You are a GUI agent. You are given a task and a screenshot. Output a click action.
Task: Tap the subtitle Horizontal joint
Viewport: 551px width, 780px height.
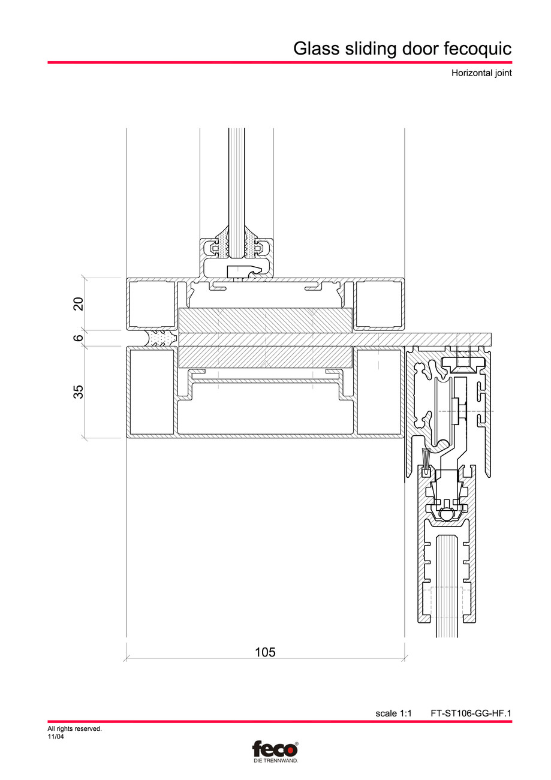coord(481,74)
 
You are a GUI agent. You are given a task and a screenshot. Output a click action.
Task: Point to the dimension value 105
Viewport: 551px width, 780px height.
coord(265,652)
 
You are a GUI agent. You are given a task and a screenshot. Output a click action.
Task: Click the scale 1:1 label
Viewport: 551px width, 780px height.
coord(393,713)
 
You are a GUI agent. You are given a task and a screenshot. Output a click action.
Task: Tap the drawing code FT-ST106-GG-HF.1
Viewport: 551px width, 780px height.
coord(471,713)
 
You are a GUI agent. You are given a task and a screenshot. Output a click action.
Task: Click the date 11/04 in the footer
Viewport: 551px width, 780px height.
coord(56,737)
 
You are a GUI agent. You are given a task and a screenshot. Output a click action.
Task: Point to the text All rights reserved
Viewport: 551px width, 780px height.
coord(74,729)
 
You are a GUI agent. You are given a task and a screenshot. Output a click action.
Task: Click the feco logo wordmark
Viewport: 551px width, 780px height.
coord(274,749)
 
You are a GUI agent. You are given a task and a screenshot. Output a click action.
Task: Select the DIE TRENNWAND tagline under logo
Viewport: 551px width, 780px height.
coord(275,760)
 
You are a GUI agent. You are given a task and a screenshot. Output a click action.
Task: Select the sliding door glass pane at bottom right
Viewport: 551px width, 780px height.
coord(447,588)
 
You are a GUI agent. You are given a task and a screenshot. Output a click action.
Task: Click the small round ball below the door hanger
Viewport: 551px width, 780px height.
coord(445,513)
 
